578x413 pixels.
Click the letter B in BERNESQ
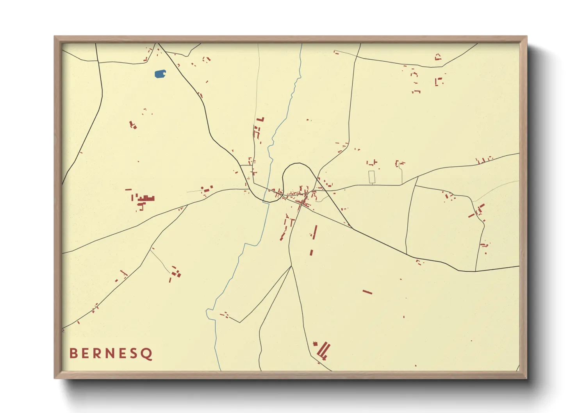[x=73, y=353]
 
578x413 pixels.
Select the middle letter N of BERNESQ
[x=110, y=353]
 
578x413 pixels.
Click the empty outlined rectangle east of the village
[x=372, y=177]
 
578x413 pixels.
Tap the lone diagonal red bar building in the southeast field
[x=367, y=292]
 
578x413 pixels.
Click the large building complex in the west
[x=145, y=198]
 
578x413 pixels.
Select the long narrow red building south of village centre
[x=315, y=232]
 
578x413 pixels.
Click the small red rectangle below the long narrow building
[x=311, y=253]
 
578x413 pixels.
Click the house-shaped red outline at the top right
[x=438, y=57]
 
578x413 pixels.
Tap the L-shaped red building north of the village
[x=260, y=119]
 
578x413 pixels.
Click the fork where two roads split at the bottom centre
[x=291, y=266]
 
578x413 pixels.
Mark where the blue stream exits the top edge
[x=302, y=44]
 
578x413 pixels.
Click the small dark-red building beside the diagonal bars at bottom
[x=315, y=344]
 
